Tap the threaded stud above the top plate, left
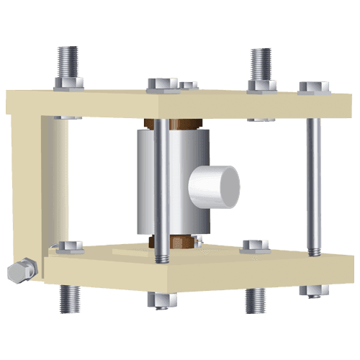tap(68, 62)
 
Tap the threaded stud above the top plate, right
tap(260, 63)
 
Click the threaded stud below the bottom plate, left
tap(69, 297)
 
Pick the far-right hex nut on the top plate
tap(314, 87)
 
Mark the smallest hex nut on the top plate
tap(189, 85)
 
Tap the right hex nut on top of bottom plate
tap(256, 246)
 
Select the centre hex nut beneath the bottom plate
tap(163, 300)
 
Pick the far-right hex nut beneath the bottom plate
tap(314, 289)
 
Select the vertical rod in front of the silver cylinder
tap(163, 187)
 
